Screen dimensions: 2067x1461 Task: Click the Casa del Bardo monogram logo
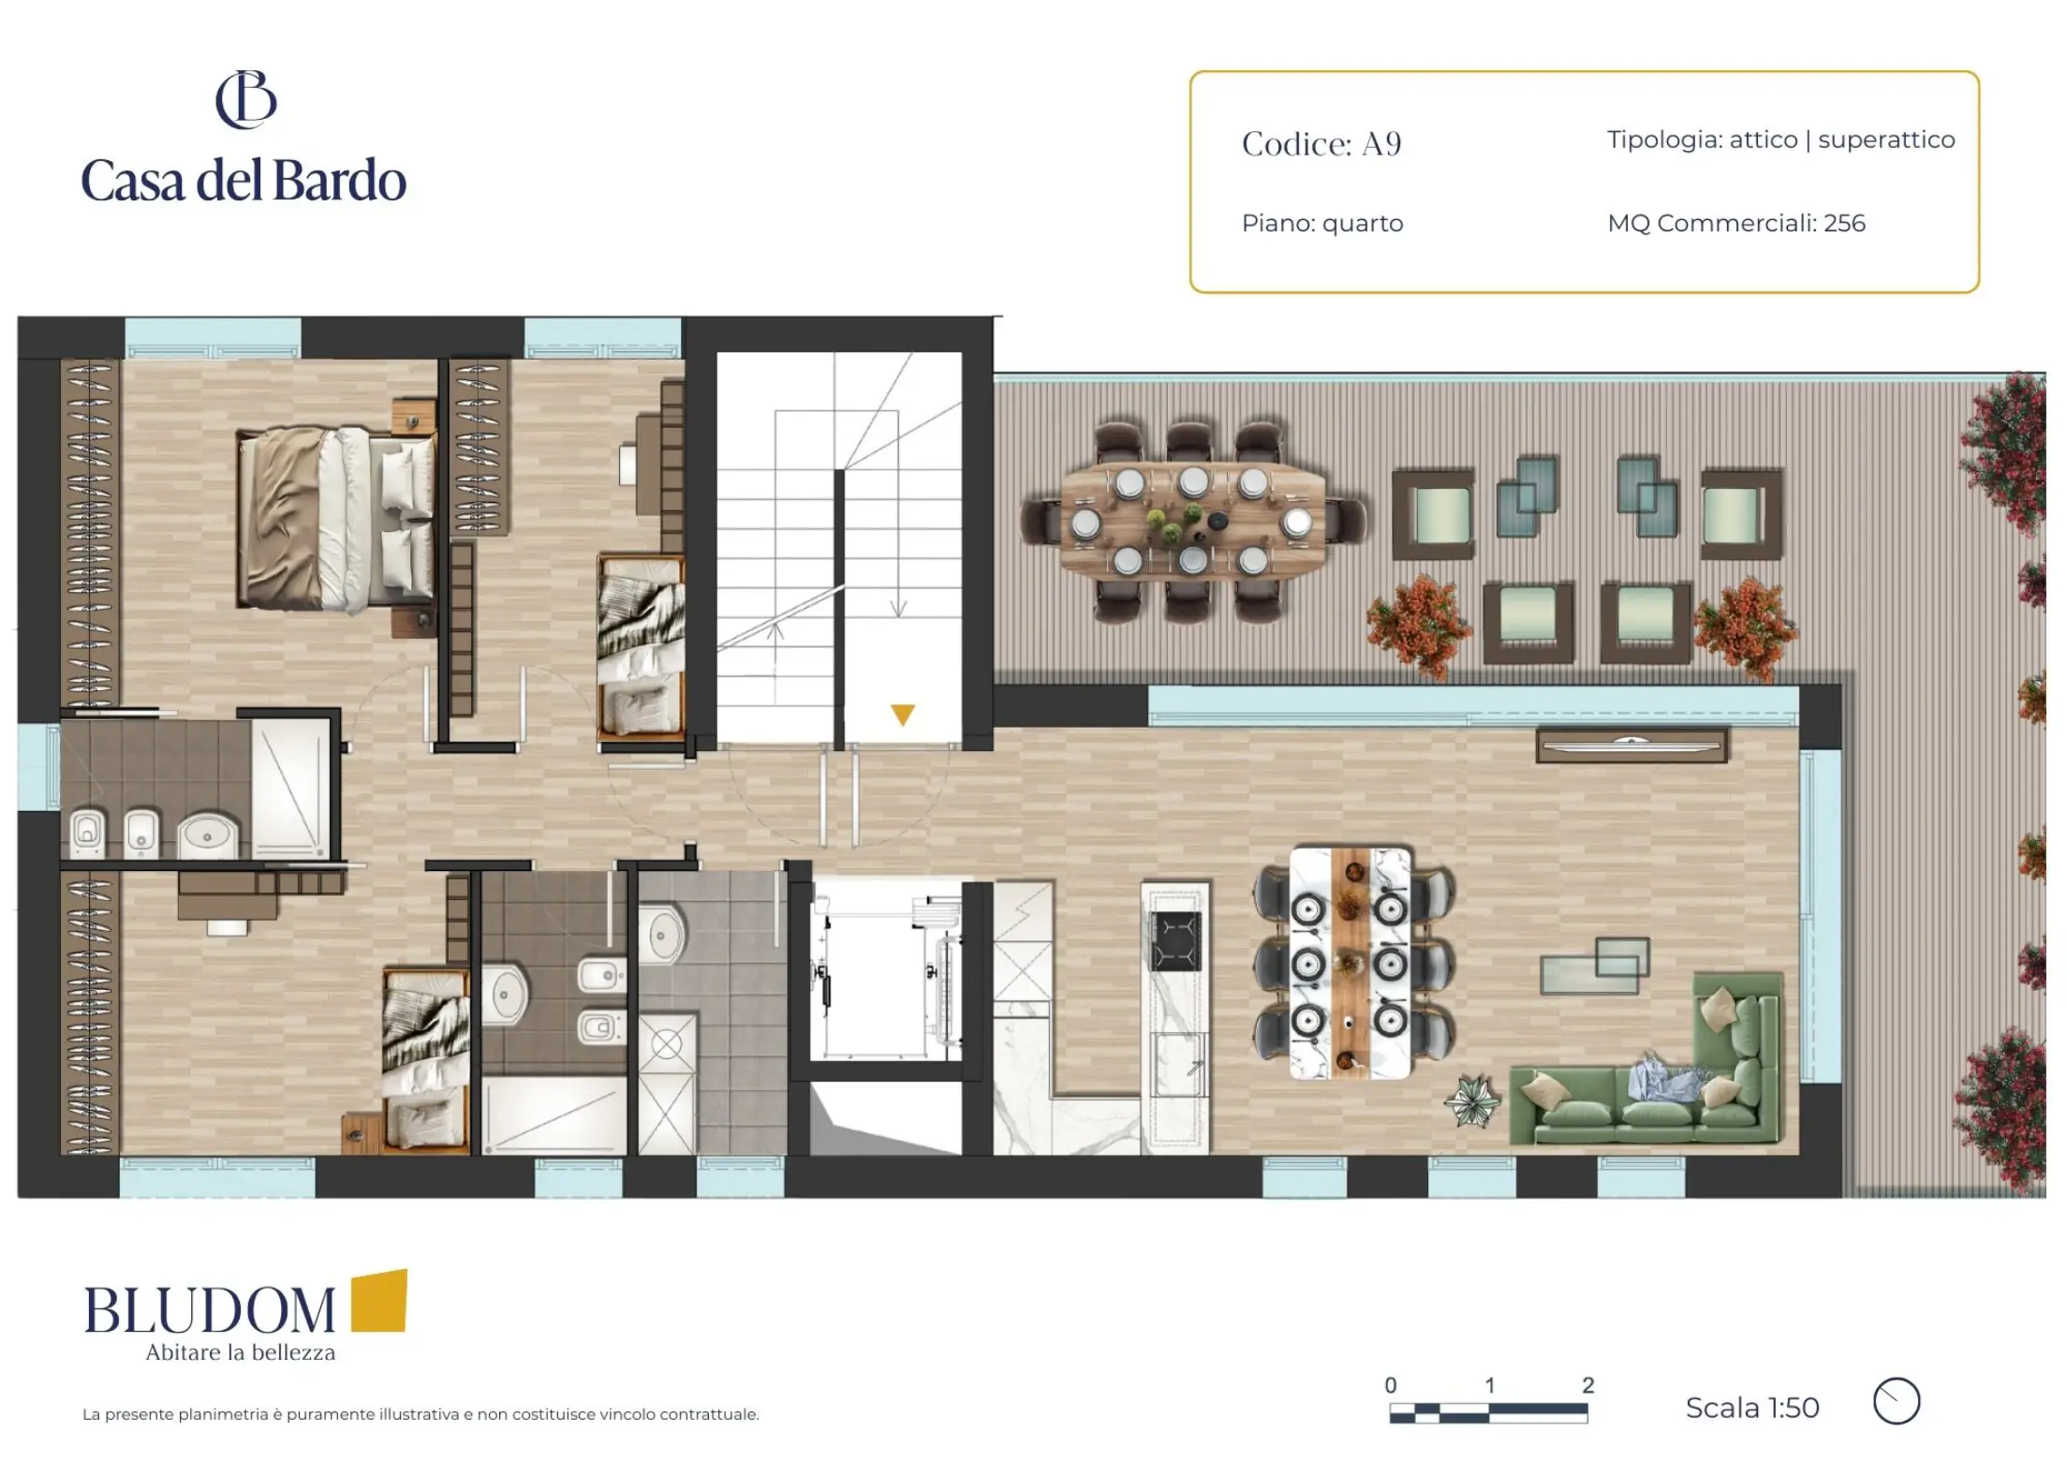pos(246,99)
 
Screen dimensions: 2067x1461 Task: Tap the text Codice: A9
pos(1321,144)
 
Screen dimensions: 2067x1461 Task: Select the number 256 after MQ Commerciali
pos(1844,223)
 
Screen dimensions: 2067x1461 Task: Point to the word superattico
pos(1886,140)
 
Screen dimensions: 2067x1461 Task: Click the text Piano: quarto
pos(1322,224)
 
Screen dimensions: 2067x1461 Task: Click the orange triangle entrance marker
pos(902,715)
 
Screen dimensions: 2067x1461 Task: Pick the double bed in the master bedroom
pos(337,518)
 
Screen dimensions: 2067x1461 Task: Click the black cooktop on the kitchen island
pos(1175,941)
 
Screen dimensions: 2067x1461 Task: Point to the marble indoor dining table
pos(1351,964)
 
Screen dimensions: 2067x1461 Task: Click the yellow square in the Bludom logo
pos(379,1301)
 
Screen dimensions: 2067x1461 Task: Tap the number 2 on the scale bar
pos(1587,1385)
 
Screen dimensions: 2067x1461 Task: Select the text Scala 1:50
pos(1751,1408)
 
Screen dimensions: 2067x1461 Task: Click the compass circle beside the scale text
pos(1897,1402)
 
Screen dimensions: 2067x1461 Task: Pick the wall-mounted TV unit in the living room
pos(1631,745)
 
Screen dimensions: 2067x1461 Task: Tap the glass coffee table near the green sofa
pos(1595,966)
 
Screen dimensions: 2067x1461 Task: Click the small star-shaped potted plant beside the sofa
pos(1471,1101)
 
